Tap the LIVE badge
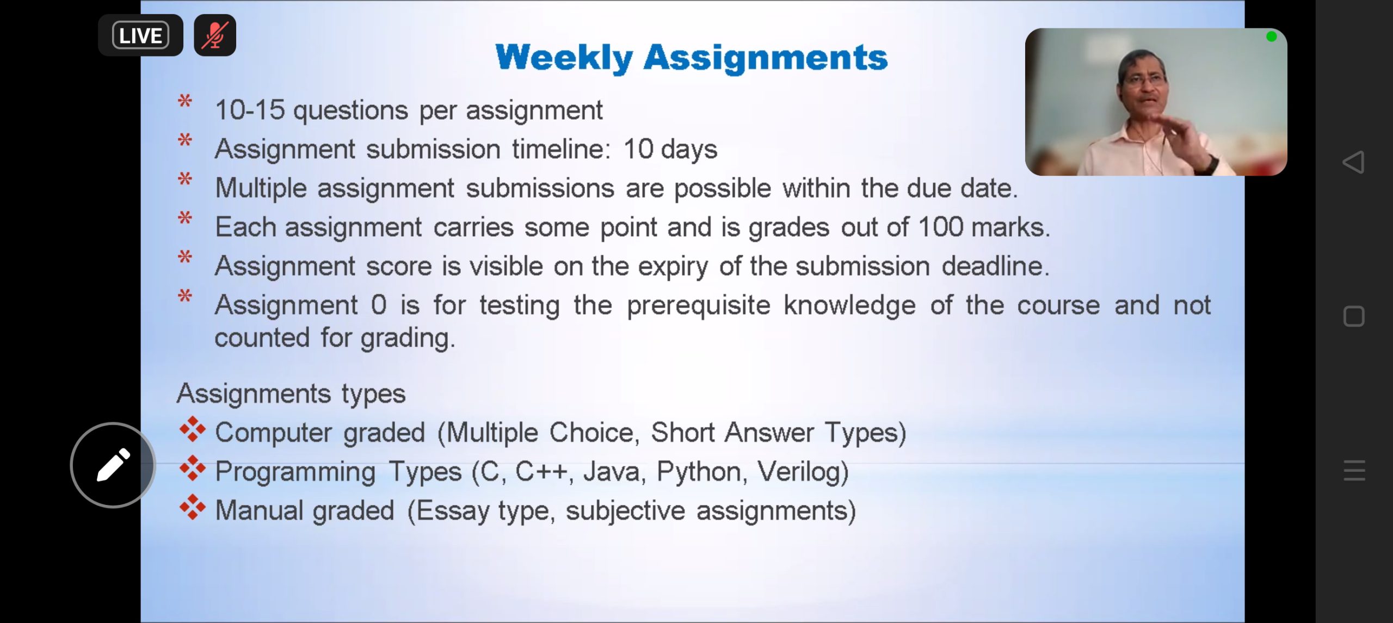click(x=140, y=35)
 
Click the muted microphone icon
click(x=215, y=35)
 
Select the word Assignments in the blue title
click(x=766, y=58)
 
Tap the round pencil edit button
click(x=113, y=465)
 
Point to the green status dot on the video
click(x=1271, y=36)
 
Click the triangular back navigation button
click(x=1353, y=162)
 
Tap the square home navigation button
click(x=1354, y=316)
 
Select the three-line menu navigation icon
click(x=1354, y=470)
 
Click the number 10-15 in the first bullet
click(x=250, y=110)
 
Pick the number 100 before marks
click(x=941, y=227)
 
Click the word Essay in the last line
click(x=453, y=511)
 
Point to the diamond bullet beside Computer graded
click(x=192, y=429)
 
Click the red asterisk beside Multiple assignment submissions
click(x=185, y=179)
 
